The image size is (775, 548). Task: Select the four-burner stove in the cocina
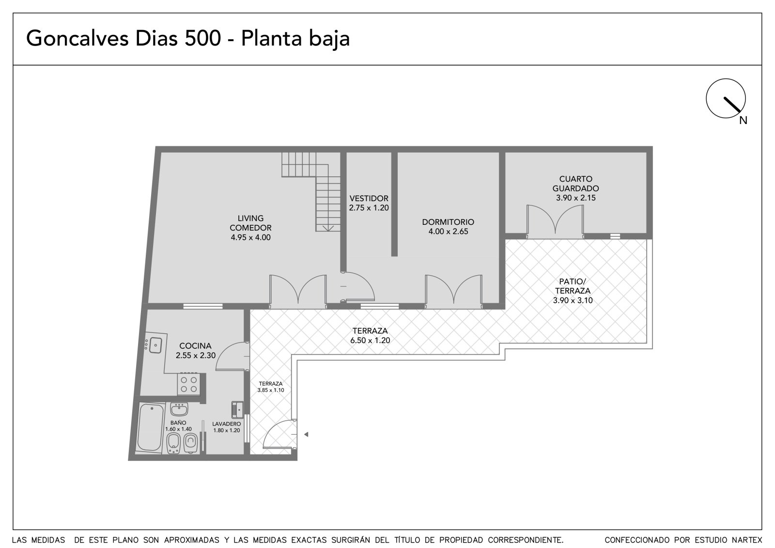click(x=189, y=384)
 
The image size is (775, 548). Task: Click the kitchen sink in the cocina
click(x=156, y=345)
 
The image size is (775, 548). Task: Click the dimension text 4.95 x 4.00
click(x=250, y=237)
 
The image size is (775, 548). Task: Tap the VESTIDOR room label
click(x=369, y=198)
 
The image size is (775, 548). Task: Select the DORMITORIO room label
click(x=448, y=222)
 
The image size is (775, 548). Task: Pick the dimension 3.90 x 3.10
click(x=573, y=300)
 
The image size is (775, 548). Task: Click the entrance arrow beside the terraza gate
click(x=306, y=434)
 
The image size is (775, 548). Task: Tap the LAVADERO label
click(x=227, y=424)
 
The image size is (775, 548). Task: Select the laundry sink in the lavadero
click(x=238, y=410)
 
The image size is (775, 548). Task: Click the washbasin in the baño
click(x=179, y=409)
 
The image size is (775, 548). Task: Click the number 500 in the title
click(x=203, y=38)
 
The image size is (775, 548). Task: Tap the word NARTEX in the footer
click(x=747, y=540)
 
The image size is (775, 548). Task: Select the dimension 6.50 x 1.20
click(x=370, y=340)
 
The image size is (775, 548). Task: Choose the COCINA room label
click(x=195, y=346)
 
